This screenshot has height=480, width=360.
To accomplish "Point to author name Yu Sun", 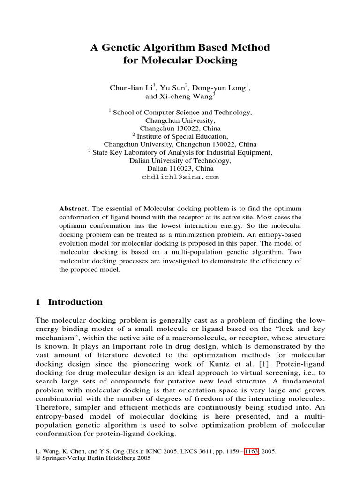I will pyautogui.click(x=173, y=88).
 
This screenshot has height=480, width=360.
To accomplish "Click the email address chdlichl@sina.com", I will pyautogui.click(x=180, y=177).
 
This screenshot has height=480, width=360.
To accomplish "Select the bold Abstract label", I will pyautogui.click(x=74, y=208).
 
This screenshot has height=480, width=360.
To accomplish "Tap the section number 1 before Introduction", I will pyautogui.click(x=38, y=302).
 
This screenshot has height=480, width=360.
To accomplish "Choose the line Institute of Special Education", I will pyautogui.click(x=183, y=136).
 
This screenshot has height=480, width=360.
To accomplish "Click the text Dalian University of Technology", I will pyautogui.click(x=180, y=160).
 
